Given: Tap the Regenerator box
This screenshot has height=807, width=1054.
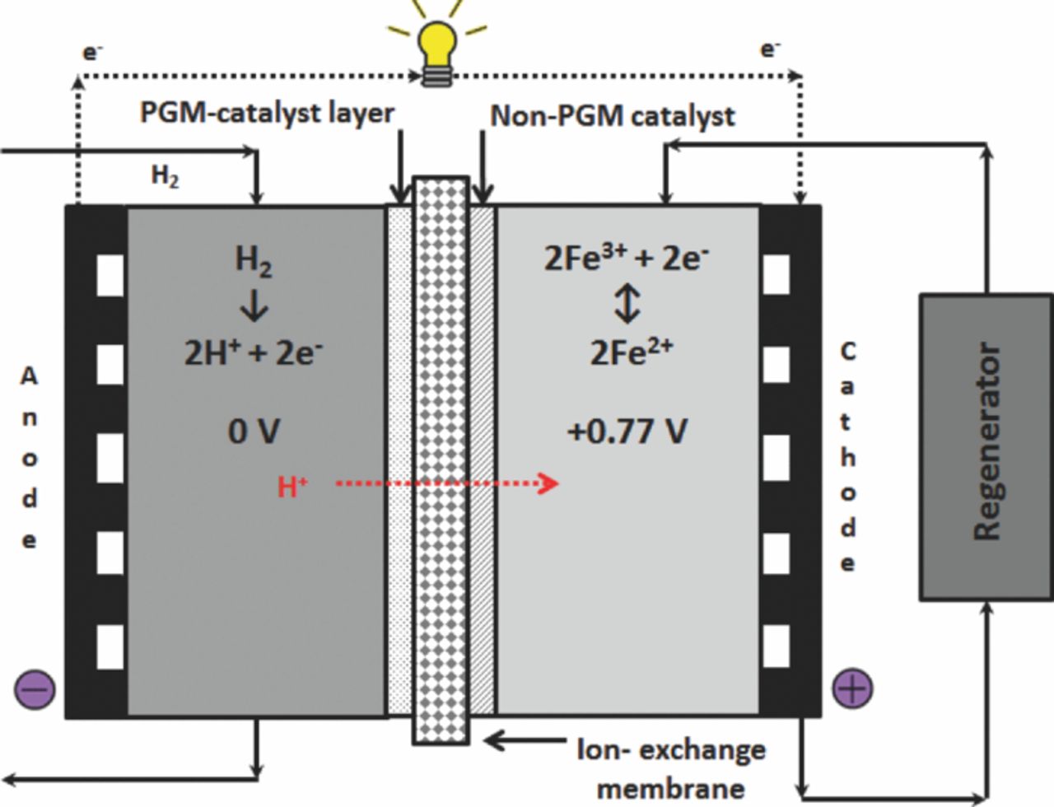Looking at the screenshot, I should [986, 445].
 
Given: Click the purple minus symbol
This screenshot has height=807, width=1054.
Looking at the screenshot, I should [35, 688].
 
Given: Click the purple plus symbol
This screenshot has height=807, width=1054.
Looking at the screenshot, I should [852, 688].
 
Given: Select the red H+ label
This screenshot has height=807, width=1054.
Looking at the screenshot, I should [292, 487].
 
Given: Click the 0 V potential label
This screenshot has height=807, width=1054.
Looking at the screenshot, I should [254, 431].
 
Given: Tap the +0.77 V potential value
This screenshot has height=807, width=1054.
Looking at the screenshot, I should [627, 431].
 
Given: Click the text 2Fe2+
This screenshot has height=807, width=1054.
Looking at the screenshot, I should [630, 352].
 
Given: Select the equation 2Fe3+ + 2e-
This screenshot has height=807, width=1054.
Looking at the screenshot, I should [626, 258].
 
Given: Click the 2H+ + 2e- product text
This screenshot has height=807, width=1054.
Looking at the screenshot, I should [253, 352].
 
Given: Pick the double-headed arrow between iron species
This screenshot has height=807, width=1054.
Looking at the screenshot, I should [627, 304].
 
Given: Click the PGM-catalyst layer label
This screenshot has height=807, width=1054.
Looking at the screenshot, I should [267, 113].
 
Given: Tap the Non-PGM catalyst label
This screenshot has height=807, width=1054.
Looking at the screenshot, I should [612, 116].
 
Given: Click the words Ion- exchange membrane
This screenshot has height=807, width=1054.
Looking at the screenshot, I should [670, 768].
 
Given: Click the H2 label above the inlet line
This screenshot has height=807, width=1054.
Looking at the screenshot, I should [165, 175].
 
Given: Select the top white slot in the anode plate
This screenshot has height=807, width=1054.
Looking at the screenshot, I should [110, 274].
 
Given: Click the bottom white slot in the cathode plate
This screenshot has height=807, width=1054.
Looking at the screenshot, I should [776, 646].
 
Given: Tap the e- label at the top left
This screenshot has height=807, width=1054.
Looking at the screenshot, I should [91, 52].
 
